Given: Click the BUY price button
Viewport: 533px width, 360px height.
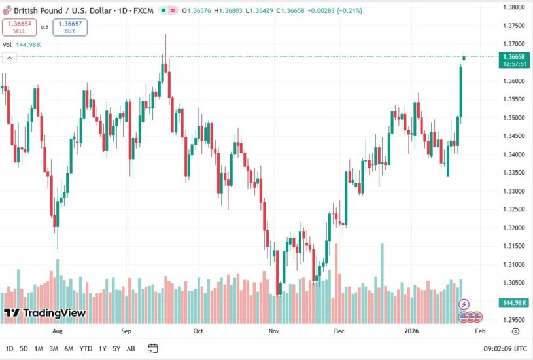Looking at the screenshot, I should [x=70, y=27].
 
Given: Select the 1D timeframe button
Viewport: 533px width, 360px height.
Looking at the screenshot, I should [x=9, y=348].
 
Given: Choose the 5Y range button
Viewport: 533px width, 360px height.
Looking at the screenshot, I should [x=116, y=348].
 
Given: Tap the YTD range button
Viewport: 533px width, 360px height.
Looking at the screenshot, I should [x=86, y=348].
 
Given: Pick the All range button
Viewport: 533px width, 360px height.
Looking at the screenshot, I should [x=131, y=348].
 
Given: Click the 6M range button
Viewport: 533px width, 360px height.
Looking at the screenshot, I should [x=69, y=348].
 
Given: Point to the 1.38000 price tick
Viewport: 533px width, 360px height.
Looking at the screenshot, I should [x=515, y=7].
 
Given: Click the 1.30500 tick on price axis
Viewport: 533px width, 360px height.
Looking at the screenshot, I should [x=515, y=283].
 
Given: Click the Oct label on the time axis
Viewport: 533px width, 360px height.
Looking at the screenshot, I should [x=198, y=331].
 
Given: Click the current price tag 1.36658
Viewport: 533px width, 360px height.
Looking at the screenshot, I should [x=514, y=57].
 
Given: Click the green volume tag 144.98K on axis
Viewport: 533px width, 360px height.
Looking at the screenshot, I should [x=514, y=302].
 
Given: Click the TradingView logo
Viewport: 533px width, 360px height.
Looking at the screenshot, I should [x=45, y=313].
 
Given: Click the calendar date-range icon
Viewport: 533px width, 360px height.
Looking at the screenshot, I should [x=153, y=348].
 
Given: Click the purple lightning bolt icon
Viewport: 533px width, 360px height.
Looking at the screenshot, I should [x=464, y=304].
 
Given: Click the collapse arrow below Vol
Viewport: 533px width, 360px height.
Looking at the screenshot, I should [x=10, y=58].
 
